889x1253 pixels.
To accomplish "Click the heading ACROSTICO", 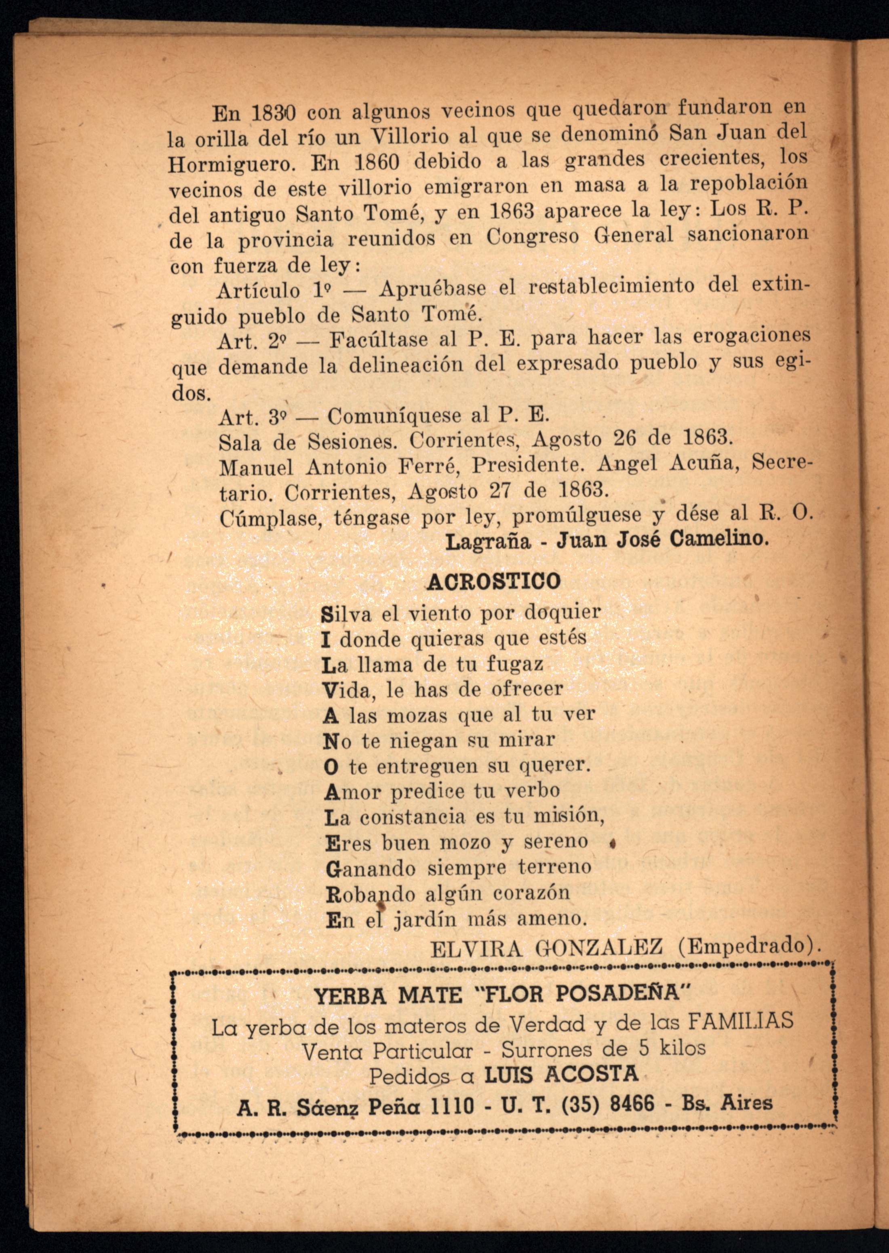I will (x=493, y=581).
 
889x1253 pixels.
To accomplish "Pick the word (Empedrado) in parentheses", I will (x=747, y=945).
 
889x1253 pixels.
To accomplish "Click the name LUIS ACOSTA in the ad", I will (x=561, y=1074).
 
